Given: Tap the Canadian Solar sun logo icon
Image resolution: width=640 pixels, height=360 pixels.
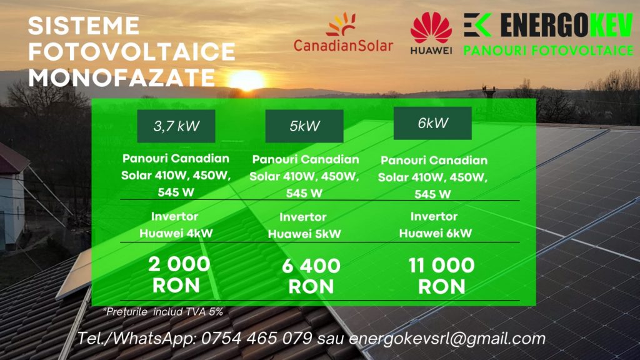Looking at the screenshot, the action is [x=341, y=24].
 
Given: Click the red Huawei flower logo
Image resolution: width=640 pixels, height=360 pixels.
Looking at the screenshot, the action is [x=431, y=27].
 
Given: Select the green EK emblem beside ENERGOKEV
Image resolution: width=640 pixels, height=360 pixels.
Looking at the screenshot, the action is [x=477, y=25].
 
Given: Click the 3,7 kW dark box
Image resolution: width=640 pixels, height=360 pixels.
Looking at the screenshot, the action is [x=176, y=126].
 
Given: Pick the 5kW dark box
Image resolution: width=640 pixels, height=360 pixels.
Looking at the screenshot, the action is [x=304, y=126].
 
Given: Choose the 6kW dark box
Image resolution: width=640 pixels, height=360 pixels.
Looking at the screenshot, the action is [x=432, y=123].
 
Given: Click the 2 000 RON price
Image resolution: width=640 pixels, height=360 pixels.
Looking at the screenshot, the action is [x=178, y=275].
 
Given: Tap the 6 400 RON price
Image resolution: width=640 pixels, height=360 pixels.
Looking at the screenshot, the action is [x=311, y=276].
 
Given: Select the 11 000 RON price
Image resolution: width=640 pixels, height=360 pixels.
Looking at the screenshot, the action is [x=442, y=276].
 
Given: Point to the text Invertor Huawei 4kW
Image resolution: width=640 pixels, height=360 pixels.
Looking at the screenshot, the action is [x=176, y=225].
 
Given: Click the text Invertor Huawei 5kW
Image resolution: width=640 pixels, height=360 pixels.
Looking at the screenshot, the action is [x=304, y=225].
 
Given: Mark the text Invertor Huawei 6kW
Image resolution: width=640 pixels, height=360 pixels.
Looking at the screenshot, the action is [x=435, y=224].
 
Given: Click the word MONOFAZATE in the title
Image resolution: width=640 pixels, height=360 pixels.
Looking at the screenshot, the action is [x=122, y=77].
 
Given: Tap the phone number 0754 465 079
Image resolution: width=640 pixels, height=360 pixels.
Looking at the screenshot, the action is [x=257, y=338].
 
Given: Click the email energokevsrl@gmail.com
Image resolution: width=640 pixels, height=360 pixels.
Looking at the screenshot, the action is [x=447, y=338].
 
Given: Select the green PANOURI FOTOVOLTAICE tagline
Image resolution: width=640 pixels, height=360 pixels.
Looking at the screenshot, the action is [x=549, y=51].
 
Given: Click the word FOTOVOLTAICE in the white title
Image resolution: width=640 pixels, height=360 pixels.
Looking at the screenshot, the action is [x=131, y=51].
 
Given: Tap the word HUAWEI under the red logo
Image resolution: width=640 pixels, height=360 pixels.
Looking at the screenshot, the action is [x=431, y=50].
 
